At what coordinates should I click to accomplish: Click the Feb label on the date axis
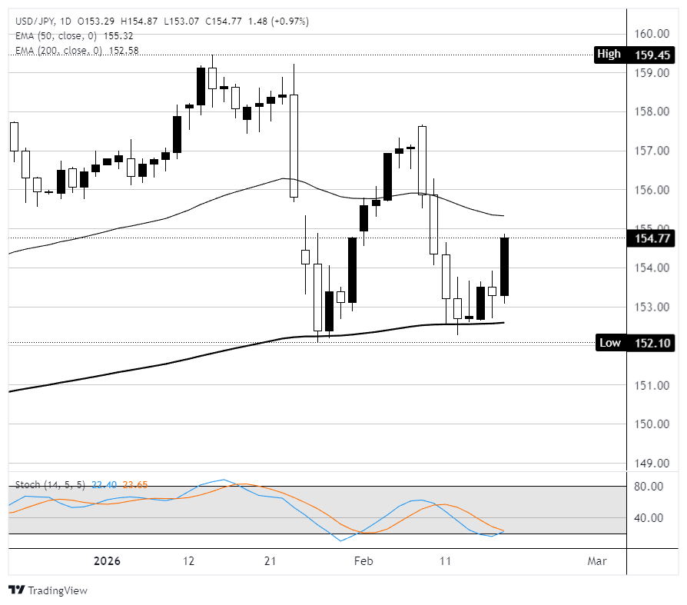(x=363, y=561)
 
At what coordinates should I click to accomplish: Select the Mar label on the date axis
(x=596, y=561)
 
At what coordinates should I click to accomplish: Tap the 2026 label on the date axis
(x=107, y=561)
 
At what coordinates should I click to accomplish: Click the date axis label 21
(x=270, y=561)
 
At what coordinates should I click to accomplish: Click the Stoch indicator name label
(x=28, y=485)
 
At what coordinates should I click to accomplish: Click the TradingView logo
(x=48, y=590)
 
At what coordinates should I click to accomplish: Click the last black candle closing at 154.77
(x=505, y=267)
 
